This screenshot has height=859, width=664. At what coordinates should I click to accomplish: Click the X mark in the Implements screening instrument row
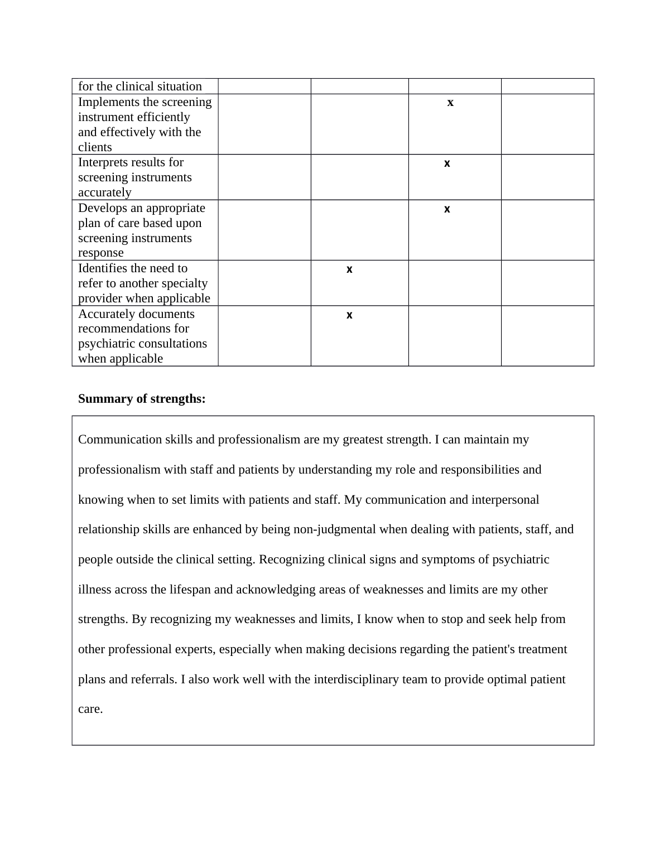(x=450, y=103)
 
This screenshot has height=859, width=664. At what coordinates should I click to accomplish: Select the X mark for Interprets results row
(x=447, y=164)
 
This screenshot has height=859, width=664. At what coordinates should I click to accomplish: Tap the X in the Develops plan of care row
(x=447, y=210)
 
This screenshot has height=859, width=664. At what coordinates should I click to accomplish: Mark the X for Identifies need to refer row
(x=349, y=270)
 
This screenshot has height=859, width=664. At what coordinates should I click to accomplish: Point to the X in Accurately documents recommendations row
(x=349, y=316)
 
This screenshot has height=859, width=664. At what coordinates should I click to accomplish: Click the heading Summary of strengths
(x=142, y=399)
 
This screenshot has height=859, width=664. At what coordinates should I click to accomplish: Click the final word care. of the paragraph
(x=90, y=710)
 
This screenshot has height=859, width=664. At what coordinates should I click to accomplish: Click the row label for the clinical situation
(x=140, y=86)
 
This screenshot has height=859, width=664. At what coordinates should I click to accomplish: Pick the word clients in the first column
(x=95, y=147)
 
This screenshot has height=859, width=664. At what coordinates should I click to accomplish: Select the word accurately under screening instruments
(x=105, y=192)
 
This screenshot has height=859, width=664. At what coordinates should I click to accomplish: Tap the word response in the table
(x=101, y=253)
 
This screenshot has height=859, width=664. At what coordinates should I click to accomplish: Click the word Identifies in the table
(x=104, y=268)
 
